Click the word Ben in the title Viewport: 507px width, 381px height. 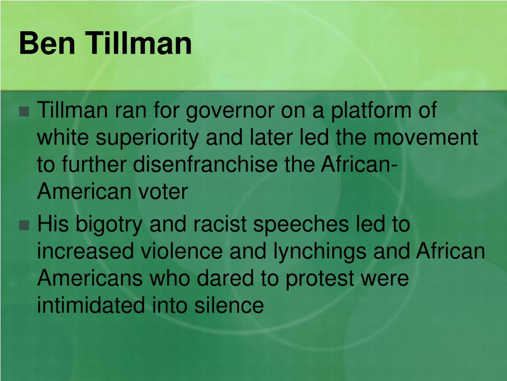point(47,43)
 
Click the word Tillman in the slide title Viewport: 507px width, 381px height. point(139,43)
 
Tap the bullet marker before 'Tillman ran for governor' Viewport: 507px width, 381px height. point(24,112)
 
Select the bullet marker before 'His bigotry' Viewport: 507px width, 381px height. point(24,225)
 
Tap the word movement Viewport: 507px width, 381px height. point(425,138)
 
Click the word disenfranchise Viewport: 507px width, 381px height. point(205,164)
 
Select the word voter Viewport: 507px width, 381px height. point(163,192)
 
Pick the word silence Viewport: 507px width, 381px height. point(229,306)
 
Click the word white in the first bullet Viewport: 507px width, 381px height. point(63,137)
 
